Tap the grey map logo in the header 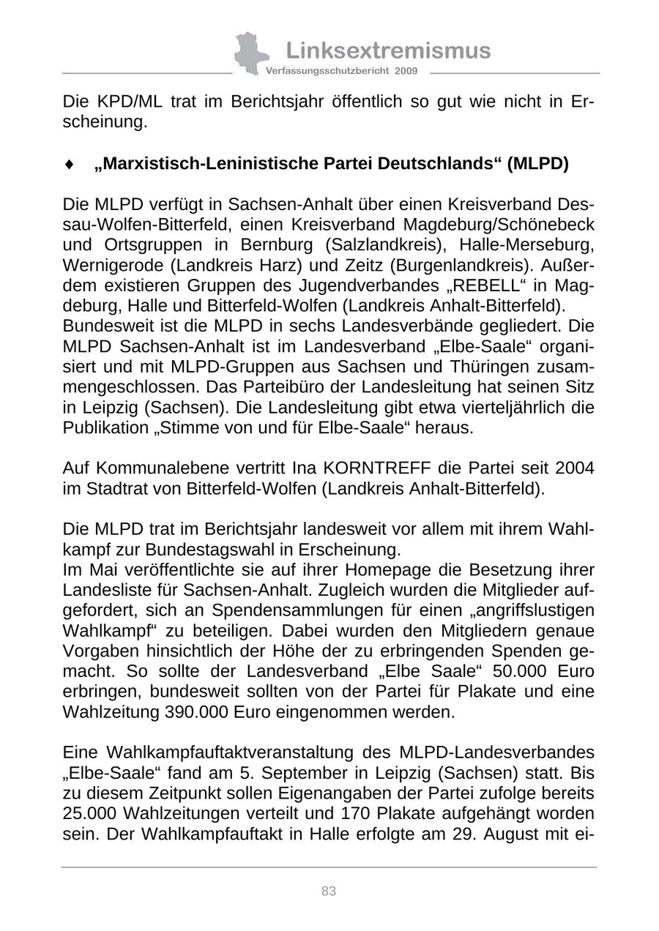pos(248,53)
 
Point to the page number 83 pos(329,891)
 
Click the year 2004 pos(574,468)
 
